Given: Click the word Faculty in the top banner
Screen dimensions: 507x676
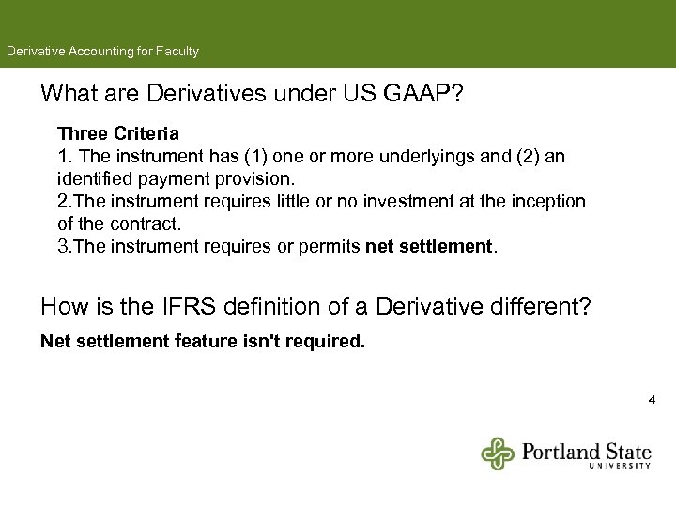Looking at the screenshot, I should (176, 52).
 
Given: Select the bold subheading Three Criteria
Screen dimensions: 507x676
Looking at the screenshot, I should (118, 134).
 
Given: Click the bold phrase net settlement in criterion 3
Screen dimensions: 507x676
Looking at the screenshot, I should (428, 247).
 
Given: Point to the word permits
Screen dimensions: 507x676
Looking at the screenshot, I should (332, 247).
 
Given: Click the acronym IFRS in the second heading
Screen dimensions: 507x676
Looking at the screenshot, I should (162, 306).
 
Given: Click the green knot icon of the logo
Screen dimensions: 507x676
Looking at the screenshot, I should (499, 453).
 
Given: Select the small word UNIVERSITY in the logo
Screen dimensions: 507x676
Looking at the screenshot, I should (620, 465).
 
